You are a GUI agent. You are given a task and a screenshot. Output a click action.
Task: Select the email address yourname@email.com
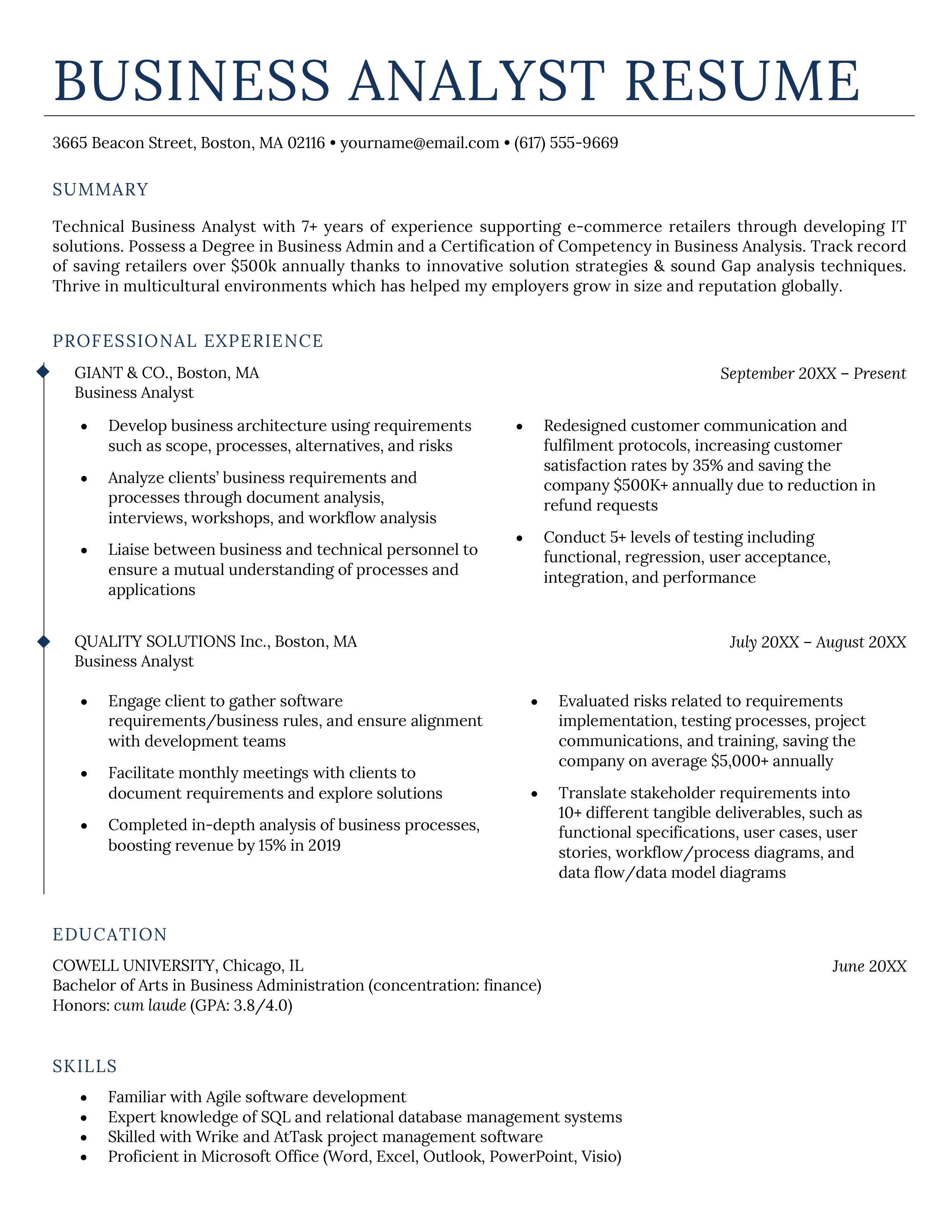[419, 143]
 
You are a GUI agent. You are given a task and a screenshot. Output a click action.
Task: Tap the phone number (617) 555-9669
[566, 143]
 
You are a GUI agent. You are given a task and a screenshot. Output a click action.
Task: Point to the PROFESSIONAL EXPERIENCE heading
[188, 341]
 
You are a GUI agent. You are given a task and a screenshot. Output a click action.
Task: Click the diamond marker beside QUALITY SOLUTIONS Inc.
[43, 641]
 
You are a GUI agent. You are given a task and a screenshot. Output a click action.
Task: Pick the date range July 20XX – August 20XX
[818, 642]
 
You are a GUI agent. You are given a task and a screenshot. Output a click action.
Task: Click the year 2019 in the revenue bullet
[323, 846]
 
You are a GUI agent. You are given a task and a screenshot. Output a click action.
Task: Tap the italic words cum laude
[150, 1005]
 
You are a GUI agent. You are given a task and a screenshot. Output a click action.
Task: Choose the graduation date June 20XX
[869, 966]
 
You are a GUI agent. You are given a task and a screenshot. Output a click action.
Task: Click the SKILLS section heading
[85, 1066]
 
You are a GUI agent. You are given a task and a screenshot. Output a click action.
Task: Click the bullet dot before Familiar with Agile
[84, 1098]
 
